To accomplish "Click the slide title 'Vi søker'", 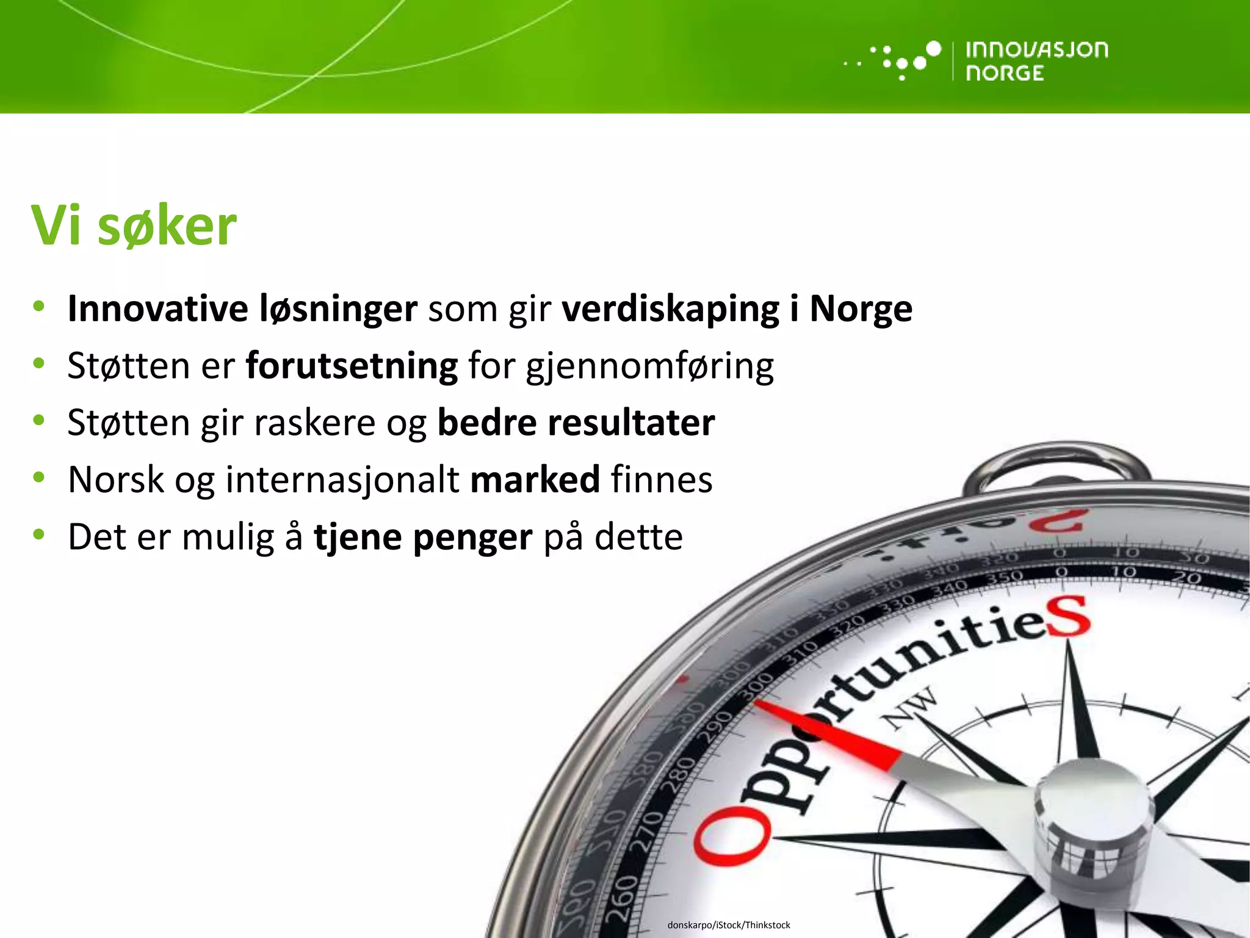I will (x=134, y=226).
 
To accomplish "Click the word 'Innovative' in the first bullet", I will (x=157, y=308).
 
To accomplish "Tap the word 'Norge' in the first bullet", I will (x=861, y=308).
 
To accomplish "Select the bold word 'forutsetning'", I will (x=352, y=366).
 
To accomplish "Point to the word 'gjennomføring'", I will (x=649, y=366).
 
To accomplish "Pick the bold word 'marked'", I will (x=535, y=479).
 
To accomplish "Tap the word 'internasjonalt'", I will (x=342, y=479).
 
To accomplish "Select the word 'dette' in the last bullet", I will (x=638, y=537).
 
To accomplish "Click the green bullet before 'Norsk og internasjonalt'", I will (x=39, y=477).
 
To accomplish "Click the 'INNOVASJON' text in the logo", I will (x=1036, y=49).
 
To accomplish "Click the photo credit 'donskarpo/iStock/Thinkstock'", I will (x=729, y=925).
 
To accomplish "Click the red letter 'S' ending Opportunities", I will (x=1068, y=618).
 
